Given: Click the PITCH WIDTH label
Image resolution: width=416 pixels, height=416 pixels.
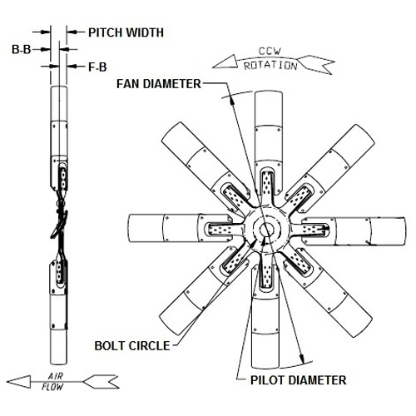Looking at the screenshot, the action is [x=126, y=32].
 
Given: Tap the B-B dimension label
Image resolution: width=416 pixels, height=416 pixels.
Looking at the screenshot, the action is [x=22, y=50].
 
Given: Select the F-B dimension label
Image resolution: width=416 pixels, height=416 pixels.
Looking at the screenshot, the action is [x=97, y=67].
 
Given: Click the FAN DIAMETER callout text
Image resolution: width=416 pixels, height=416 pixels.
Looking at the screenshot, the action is [x=159, y=84].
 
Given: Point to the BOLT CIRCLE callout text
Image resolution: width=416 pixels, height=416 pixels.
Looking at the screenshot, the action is [x=132, y=346].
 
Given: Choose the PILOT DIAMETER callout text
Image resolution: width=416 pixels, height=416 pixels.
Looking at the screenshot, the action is [x=299, y=380].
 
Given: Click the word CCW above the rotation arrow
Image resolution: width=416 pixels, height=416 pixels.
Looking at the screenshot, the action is [x=270, y=51].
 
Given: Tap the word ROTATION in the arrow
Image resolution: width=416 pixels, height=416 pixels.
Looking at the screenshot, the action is [x=270, y=66].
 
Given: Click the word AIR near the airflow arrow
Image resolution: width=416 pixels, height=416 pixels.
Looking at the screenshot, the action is [x=56, y=376].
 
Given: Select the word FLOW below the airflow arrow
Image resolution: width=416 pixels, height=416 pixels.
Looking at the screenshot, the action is [x=52, y=387].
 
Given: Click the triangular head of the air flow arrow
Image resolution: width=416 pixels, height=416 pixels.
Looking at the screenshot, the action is [x=19, y=382].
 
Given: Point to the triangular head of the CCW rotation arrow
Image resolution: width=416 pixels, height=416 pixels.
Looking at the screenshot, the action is [x=225, y=62].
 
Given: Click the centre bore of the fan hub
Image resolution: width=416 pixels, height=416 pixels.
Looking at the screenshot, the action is [x=266, y=229].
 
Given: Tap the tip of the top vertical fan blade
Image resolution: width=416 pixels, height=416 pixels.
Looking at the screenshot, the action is [x=269, y=92].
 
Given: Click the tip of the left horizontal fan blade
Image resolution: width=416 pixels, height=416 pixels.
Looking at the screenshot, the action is [x=129, y=229].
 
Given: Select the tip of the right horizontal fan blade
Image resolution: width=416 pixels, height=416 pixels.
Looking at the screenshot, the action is [x=405, y=231].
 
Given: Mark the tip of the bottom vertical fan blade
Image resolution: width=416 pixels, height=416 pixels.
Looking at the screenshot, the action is [x=265, y=367].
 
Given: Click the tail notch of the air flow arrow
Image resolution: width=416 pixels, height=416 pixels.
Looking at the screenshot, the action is [x=110, y=382].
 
